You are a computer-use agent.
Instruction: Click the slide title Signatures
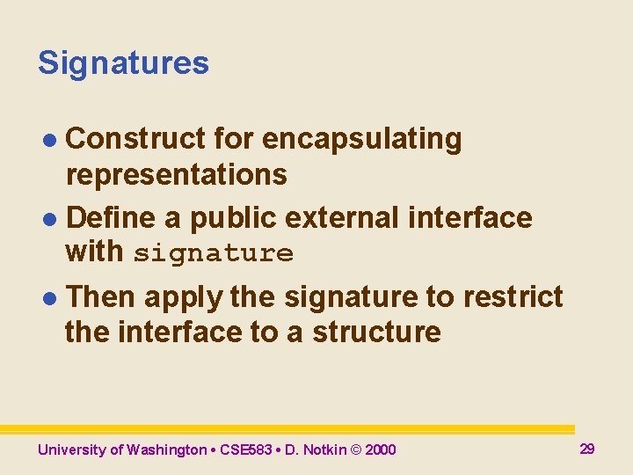[x=123, y=63]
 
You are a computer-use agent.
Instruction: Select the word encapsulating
[x=361, y=139]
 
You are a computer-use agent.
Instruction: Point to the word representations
[x=176, y=174]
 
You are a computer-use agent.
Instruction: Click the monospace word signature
[x=214, y=254]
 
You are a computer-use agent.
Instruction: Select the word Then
[x=101, y=297]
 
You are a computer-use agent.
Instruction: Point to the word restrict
[x=512, y=297]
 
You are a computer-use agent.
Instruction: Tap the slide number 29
[x=587, y=449]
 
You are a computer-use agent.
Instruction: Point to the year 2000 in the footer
[x=380, y=450]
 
